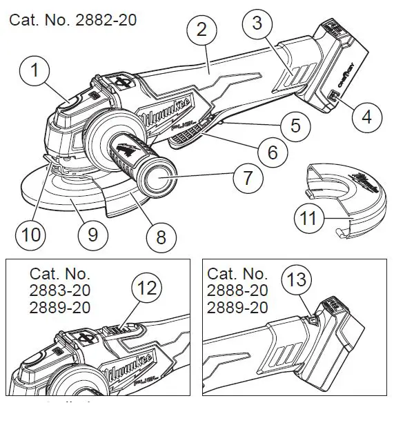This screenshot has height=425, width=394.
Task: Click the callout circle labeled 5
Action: [295, 126]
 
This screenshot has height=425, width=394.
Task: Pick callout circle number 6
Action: [273, 151]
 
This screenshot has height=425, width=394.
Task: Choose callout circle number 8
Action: [161, 237]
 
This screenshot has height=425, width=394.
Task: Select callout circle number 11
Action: [309, 220]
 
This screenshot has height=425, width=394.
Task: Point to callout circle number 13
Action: [299, 281]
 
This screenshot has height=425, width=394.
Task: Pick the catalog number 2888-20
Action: [237, 290]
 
